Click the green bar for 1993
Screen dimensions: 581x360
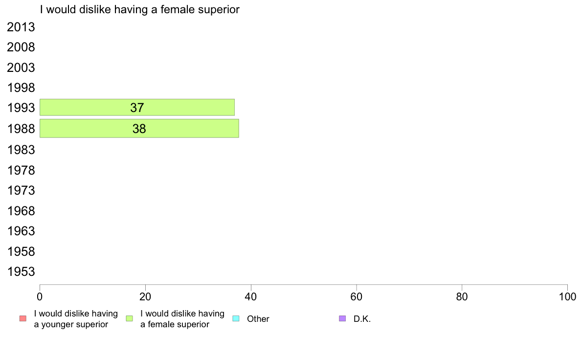click(137, 108)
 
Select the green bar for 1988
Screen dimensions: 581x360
click(139, 128)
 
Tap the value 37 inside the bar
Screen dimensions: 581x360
click(137, 108)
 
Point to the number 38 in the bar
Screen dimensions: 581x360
click(139, 129)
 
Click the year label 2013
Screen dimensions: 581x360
click(21, 27)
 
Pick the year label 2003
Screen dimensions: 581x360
click(21, 68)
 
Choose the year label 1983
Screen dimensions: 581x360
click(21, 150)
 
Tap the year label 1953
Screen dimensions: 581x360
click(21, 272)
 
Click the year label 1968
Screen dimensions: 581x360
click(21, 211)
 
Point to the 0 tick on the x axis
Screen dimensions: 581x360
click(40, 296)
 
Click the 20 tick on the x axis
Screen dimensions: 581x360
click(145, 296)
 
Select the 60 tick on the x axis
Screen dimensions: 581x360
click(357, 296)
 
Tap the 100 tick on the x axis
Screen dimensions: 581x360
click(567, 296)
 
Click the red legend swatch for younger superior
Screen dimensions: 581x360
click(23, 318)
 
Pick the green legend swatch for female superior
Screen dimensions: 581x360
click(129, 318)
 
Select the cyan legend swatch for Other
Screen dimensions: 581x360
click(236, 318)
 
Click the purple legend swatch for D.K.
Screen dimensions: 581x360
click(342, 318)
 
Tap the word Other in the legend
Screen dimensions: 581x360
click(258, 319)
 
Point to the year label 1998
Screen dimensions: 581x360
click(21, 88)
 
